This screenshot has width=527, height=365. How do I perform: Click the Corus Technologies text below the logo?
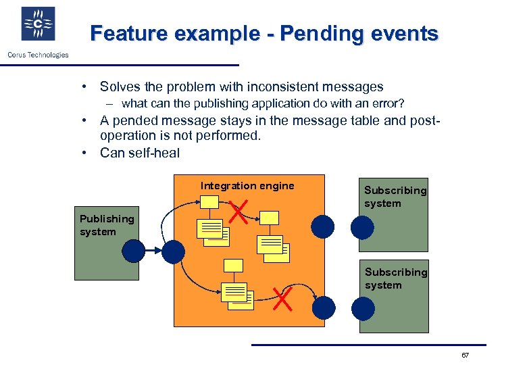[x=39, y=55]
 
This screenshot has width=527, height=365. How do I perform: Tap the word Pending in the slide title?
[x=312, y=33]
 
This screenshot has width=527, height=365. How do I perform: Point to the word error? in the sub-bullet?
[x=389, y=103]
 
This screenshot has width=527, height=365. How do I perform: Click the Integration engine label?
[x=247, y=186]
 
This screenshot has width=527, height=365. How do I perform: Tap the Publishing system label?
[x=106, y=225]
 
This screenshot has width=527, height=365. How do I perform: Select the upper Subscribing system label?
[x=395, y=197]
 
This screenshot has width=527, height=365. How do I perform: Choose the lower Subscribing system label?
[x=395, y=278]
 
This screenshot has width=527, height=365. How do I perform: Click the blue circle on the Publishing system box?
[x=134, y=251]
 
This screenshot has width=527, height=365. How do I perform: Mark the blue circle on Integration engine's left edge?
[x=174, y=251]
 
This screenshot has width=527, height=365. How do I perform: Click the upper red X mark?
[x=237, y=212]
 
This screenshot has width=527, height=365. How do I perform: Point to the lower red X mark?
[x=281, y=298]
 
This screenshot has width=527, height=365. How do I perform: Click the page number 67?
[x=465, y=356]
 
